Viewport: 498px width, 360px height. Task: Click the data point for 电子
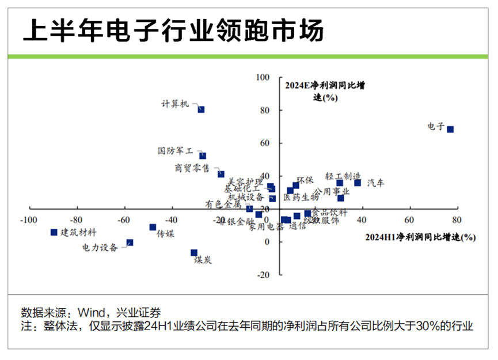click(x=450, y=130)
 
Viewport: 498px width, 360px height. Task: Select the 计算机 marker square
click(x=201, y=109)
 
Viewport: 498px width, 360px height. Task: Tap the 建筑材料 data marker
click(x=54, y=232)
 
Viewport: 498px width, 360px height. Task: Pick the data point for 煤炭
click(x=194, y=253)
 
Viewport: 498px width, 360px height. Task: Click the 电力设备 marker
click(x=130, y=242)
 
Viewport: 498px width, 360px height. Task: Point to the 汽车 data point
click(x=358, y=183)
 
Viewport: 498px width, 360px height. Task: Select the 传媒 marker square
click(x=153, y=228)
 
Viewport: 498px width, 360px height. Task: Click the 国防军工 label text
click(x=176, y=151)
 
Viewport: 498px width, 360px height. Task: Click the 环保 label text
click(x=305, y=180)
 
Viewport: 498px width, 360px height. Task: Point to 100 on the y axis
click(x=263, y=77)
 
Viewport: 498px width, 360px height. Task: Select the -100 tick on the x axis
click(x=28, y=220)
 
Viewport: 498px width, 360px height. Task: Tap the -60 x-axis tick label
click(x=124, y=220)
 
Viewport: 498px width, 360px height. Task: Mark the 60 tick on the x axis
click(x=409, y=220)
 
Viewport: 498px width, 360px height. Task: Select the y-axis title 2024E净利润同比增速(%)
click(x=325, y=91)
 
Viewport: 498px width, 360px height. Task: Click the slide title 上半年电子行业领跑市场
click(x=173, y=29)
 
